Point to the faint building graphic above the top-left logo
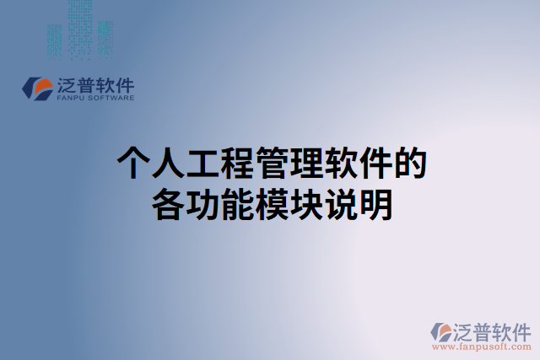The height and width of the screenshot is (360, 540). [x=80, y=30]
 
